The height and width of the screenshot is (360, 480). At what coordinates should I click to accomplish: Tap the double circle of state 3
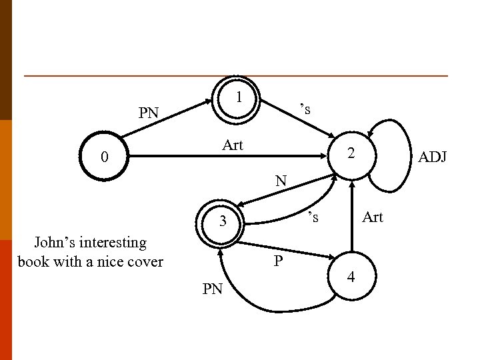pos(224,221)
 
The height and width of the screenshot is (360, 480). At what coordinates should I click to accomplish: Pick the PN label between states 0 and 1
pos(149,113)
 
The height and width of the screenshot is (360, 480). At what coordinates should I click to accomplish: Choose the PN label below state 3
pos(213,289)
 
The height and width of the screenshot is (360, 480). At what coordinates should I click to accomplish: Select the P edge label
pos(279,261)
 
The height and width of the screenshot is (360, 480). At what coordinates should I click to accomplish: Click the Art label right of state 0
pos(233,145)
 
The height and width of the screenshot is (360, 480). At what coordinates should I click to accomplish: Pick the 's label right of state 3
pos(312,217)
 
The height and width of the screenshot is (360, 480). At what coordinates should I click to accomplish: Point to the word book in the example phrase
pos(33,261)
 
